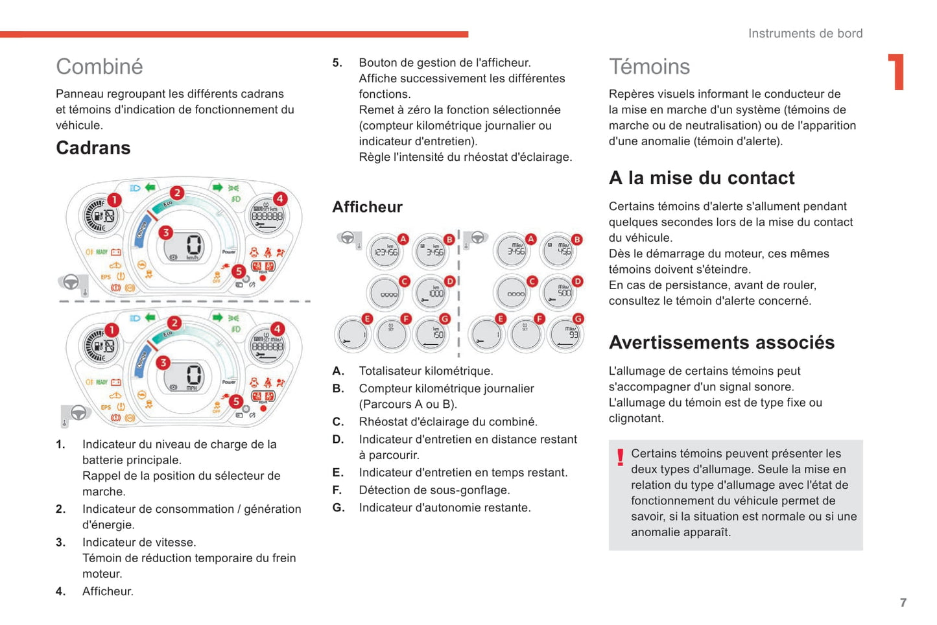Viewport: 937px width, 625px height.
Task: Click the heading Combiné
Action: (99, 67)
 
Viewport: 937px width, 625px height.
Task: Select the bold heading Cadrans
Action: (93, 148)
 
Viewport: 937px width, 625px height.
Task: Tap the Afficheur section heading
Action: (367, 207)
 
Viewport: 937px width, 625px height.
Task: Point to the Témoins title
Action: (649, 67)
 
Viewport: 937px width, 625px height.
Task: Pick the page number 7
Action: (903, 602)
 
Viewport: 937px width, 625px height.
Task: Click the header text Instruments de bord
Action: (805, 34)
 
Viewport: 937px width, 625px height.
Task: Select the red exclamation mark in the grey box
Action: (620, 457)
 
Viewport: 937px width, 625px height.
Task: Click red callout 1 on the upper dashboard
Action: (113, 200)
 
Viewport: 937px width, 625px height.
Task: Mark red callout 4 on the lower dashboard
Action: (277, 329)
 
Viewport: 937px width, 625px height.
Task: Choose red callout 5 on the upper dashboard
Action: (239, 271)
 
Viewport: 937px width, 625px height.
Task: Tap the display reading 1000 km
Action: (436, 294)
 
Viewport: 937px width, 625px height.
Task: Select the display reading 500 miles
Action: (564, 293)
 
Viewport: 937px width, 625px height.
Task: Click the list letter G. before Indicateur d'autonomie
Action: (338, 508)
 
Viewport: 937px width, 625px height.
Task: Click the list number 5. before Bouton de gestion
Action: (337, 63)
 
